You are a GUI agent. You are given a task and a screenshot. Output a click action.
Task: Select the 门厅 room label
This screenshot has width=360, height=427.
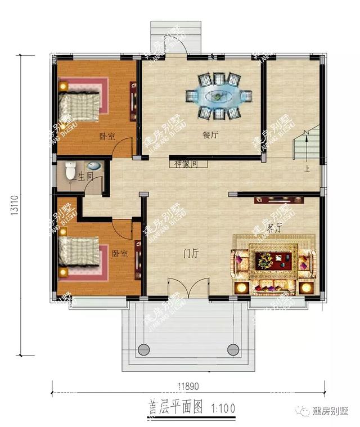pos(191,254)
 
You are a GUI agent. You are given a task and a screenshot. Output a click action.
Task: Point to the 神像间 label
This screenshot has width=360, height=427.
pos(185,164)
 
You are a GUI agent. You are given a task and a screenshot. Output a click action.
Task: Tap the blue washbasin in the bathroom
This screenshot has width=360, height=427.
pos(94,167)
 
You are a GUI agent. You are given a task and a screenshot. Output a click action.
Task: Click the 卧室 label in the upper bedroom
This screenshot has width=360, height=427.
pos(107,136)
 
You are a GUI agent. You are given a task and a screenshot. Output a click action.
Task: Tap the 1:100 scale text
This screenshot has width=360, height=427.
pos(223,407)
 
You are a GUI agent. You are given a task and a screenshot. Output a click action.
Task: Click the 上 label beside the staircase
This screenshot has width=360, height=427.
pos(307,168)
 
